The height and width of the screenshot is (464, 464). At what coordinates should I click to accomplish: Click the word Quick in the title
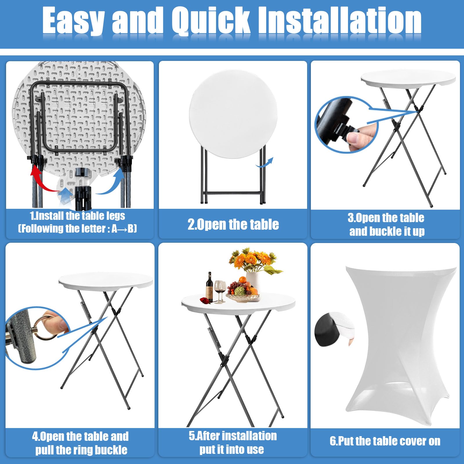pos(211,21)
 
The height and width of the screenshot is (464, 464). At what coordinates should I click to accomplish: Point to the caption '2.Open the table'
pos(233,224)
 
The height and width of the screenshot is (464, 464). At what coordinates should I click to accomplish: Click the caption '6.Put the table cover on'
pos(385,441)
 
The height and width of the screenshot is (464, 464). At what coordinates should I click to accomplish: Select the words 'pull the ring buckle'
pos(81,450)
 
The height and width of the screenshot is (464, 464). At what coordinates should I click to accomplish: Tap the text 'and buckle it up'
pos(387,231)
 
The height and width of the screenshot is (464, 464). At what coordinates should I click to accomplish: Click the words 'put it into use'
pos(232,449)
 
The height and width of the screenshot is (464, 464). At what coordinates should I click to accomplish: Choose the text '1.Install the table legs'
pos(77,216)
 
